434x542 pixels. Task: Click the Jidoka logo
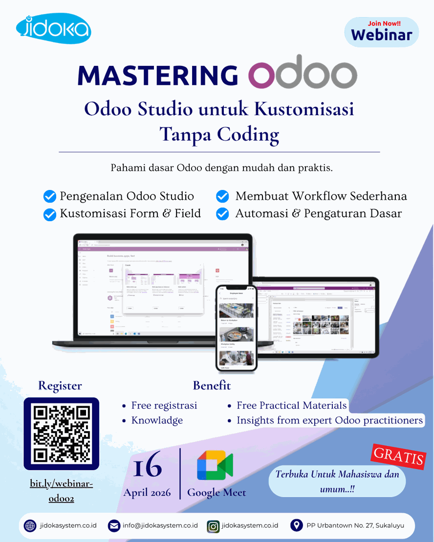[53, 29]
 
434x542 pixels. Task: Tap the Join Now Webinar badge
[382, 32]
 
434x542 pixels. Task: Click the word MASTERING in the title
[158, 75]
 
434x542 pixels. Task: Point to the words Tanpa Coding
[219, 134]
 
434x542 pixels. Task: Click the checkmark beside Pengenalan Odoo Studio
[50, 196]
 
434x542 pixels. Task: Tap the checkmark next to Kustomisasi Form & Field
[50, 214]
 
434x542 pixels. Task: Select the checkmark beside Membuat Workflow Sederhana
[222, 196]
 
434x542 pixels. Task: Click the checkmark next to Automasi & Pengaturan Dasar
[222, 214]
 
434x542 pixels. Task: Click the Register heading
[60, 385]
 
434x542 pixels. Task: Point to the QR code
[61, 434]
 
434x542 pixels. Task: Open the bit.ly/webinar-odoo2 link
[61, 491]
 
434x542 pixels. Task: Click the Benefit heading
[212, 385]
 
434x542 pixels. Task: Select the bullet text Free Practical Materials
[291, 405]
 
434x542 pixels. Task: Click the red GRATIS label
[399, 456]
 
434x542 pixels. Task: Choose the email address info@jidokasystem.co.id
[160, 525]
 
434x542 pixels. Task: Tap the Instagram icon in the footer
[213, 526]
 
